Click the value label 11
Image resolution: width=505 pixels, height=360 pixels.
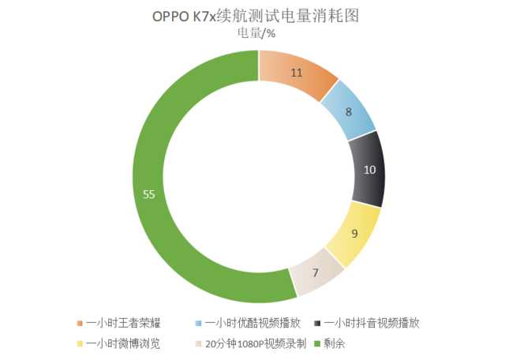point(297,73)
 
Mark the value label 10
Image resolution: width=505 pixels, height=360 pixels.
point(369,169)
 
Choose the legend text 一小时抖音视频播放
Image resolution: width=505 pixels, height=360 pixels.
point(376,324)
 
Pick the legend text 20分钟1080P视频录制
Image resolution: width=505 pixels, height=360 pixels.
point(251,343)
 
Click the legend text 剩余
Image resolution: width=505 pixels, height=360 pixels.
point(336,343)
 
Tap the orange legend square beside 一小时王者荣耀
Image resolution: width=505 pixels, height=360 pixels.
point(80,324)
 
